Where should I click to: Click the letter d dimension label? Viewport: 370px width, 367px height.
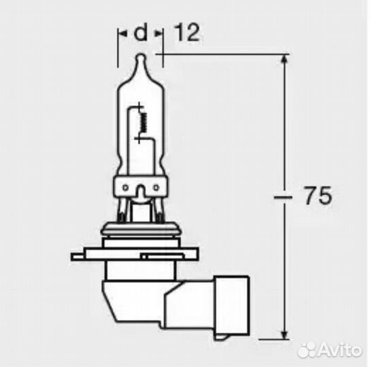[x=141, y=32]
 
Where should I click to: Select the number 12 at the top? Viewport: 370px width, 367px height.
[x=187, y=32]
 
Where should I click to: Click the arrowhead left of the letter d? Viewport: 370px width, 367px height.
[x=122, y=32]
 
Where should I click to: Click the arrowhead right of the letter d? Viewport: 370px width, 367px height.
[x=158, y=32]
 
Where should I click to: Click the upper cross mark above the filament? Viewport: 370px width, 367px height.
[x=140, y=107]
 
